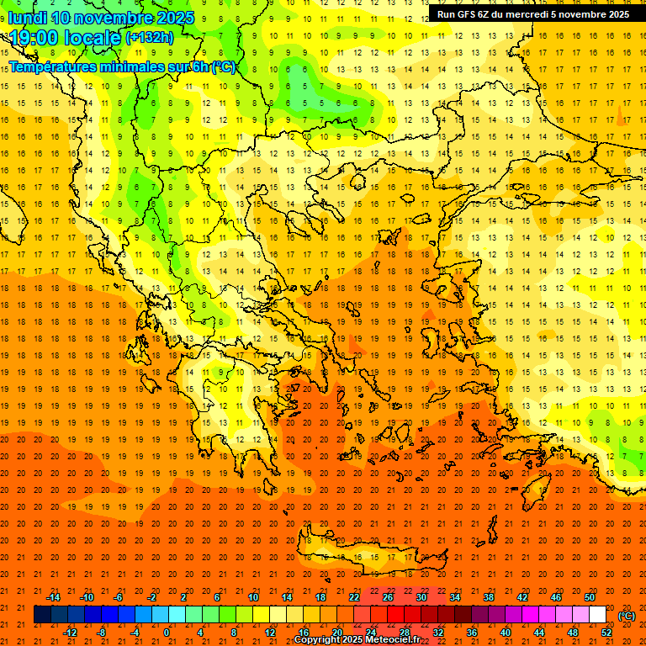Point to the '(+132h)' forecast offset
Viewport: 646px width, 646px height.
[x=150, y=38]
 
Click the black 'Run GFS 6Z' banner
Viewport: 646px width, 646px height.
[x=533, y=14]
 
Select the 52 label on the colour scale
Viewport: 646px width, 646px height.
[x=606, y=633]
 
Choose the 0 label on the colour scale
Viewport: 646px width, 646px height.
[x=167, y=633]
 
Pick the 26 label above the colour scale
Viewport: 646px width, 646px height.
[x=388, y=597]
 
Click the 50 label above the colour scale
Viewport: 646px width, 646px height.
[x=589, y=597]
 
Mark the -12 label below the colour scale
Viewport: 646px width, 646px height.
[x=70, y=633]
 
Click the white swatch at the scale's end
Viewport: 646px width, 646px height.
[x=598, y=615]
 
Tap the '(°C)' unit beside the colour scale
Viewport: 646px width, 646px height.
[x=627, y=616]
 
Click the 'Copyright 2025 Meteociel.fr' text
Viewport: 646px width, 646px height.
[x=357, y=640]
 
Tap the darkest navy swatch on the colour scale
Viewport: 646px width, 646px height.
[x=42, y=615]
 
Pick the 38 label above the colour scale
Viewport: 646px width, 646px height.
[x=489, y=597]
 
